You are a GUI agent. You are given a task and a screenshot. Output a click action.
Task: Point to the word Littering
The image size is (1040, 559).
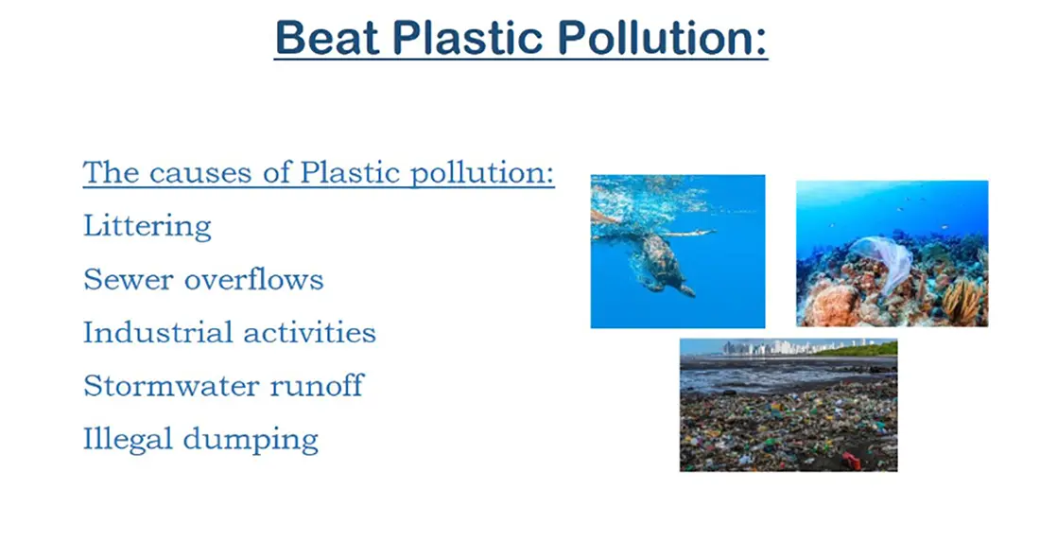pos(147,226)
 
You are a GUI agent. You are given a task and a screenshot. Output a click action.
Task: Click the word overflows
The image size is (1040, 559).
pos(254,280)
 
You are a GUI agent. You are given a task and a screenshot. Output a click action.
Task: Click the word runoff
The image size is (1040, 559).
pos(317,386)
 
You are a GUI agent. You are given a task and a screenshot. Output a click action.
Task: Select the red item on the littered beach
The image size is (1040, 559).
pos(851,460)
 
